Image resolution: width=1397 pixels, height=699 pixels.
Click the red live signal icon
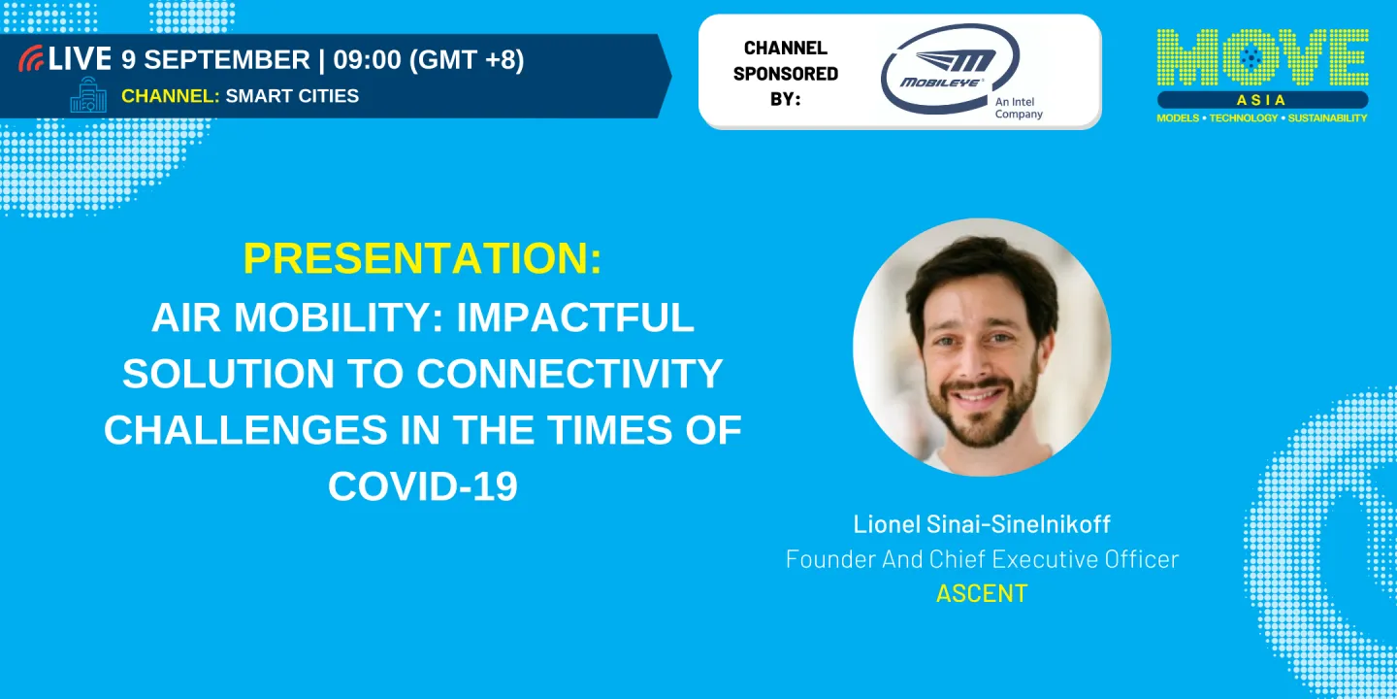31,58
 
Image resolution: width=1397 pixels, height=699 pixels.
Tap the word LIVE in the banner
80,59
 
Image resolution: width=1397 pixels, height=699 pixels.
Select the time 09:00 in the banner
367,60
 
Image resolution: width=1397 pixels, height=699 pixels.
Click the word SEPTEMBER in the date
226,60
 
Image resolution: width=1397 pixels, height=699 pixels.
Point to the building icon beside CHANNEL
88,95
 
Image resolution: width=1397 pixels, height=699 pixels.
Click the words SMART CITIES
292,96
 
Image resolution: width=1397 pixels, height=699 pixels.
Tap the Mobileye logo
949,69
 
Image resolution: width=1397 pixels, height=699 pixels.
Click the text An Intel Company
1019,108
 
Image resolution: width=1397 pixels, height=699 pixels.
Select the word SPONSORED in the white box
785,74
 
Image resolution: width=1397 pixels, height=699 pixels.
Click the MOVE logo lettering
1262,57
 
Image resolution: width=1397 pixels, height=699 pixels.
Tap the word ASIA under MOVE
1261,100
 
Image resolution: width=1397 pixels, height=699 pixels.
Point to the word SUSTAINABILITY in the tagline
1327,118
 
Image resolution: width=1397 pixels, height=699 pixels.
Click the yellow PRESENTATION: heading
423,258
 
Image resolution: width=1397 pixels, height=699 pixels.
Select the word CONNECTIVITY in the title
569,374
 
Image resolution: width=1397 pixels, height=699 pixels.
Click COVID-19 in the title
423,486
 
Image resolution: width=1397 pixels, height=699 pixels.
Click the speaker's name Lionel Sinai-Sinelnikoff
982,524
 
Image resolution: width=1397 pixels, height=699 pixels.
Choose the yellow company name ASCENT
982,593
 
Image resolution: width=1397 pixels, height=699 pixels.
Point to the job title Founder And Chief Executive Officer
982,559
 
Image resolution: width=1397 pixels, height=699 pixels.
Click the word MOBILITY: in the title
339,317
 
